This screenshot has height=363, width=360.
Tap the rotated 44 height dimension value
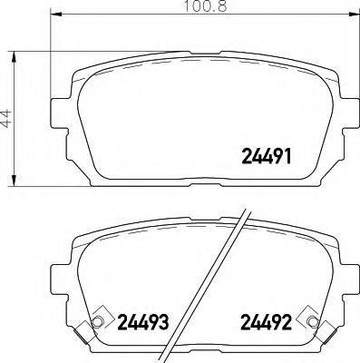(7, 118)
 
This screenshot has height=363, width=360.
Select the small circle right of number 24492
(313, 325)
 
